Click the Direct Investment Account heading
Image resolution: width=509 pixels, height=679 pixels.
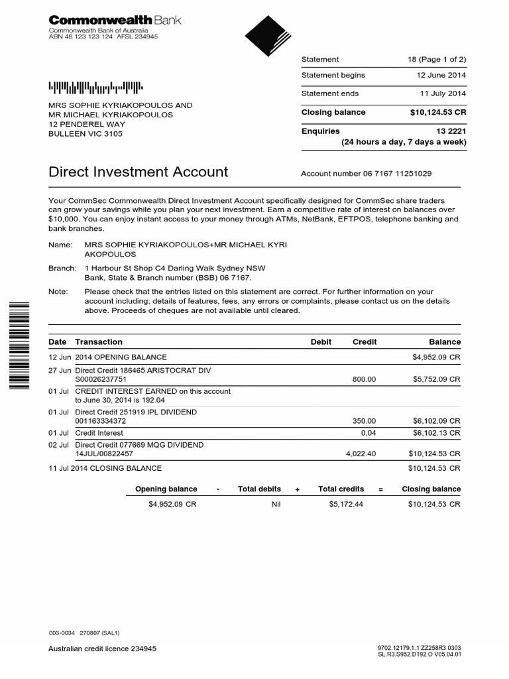[x=139, y=172]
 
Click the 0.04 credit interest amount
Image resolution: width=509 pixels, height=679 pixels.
[x=368, y=432]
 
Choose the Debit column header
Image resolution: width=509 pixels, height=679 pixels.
[x=321, y=342]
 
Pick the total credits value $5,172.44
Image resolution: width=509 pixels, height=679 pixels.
[x=346, y=505]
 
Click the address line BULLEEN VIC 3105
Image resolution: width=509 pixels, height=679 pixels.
[x=85, y=133]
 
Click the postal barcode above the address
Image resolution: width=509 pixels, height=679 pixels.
[x=95, y=86]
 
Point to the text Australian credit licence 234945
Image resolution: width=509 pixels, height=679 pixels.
[x=103, y=648]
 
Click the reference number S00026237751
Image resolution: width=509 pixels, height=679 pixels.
[x=100, y=379]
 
